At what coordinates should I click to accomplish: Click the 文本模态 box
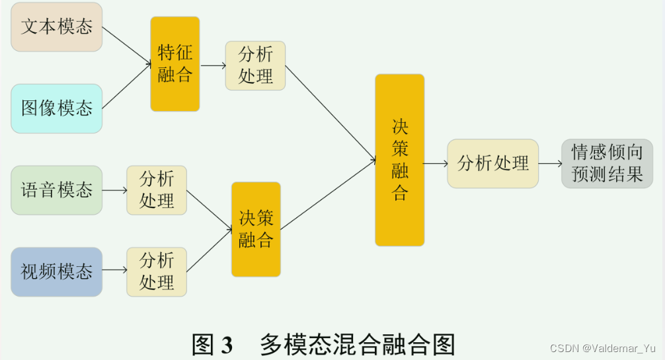tap(57, 27)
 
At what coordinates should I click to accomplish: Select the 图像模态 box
tap(57, 108)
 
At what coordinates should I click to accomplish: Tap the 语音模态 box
tap(57, 190)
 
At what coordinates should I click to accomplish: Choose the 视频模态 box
tap(57, 271)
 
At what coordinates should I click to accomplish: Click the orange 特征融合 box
tap(175, 63)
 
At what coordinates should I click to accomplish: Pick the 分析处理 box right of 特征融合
tap(255, 65)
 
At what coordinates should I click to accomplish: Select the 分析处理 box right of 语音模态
tap(157, 190)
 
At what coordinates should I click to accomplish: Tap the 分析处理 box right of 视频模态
tap(157, 271)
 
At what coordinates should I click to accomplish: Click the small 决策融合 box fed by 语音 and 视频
tap(256, 229)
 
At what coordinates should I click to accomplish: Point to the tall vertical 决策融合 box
tap(400, 160)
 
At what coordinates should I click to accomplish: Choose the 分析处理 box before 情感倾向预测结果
tap(493, 163)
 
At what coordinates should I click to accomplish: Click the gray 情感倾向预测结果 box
tap(607, 163)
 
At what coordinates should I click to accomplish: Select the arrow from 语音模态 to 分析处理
tap(114, 190)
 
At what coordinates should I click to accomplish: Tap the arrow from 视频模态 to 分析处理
tap(114, 271)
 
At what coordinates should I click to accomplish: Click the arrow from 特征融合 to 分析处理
tap(212, 65)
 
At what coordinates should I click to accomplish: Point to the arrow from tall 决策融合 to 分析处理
tap(435, 163)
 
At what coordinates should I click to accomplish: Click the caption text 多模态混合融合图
tap(357, 344)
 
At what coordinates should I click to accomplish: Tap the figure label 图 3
tap(212, 344)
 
